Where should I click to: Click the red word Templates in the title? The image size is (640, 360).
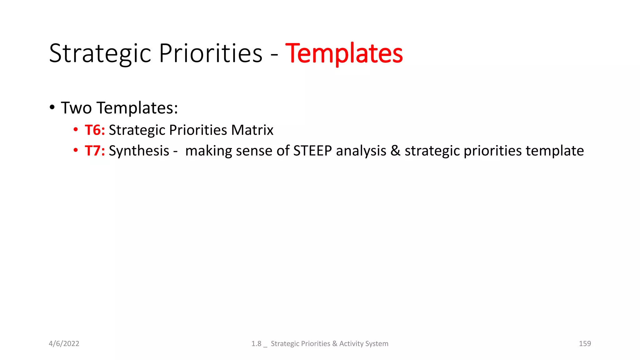344,54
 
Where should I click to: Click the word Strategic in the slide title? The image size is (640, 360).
100,54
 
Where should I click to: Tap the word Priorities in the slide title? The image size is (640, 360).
211,54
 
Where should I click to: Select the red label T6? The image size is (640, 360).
95,130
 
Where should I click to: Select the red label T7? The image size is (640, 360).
95,151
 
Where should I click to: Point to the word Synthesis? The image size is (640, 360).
139,151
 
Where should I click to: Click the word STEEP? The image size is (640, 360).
312,151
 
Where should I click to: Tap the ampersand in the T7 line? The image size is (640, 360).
395,151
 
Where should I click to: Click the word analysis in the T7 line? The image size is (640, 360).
361,151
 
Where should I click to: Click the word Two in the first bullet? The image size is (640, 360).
76,108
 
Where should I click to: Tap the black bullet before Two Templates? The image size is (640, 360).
52,107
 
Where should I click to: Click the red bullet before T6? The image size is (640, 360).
76,129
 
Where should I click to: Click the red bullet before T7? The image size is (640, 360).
76,150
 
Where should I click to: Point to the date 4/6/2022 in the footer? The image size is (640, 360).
64,343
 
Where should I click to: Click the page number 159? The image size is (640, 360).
585,343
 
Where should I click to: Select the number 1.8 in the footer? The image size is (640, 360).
256,343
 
